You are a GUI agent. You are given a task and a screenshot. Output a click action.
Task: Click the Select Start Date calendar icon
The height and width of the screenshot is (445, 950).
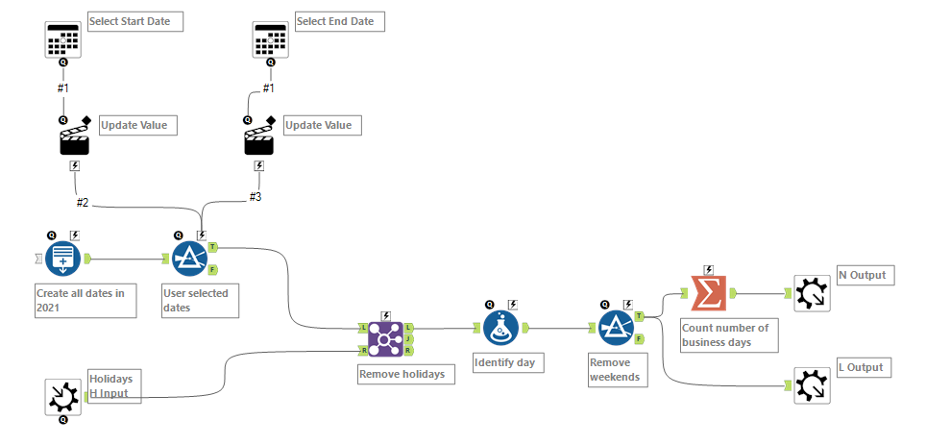pyautogui.click(x=63, y=39)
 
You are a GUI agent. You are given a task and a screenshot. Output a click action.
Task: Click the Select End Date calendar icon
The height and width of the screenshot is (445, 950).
pyautogui.click(x=269, y=39)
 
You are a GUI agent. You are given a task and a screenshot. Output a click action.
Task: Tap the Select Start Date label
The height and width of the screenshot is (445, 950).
pyautogui.click(x=135, y=21)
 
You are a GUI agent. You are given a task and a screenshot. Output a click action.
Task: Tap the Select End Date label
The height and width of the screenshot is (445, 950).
pyautogui.click(x=340, y=21)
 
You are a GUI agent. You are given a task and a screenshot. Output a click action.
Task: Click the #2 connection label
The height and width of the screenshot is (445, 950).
pyautogui.click(x=83, y=203)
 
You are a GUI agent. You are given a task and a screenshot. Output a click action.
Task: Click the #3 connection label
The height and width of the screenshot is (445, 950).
pyautogui.click(x=255, y=196)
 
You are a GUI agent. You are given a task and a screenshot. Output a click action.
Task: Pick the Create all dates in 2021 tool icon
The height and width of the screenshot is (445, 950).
pyautogui.click(x=63, y=259)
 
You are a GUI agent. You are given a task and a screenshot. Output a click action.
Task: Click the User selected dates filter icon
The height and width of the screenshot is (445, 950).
pyautogui.click(x=189, y=259)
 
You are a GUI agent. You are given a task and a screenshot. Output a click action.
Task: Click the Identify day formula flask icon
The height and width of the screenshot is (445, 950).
pyautogui.click(x=501, y=328)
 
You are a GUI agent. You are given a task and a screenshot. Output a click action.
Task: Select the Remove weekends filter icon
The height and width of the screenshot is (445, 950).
pyautogui.click(x=617, y=328)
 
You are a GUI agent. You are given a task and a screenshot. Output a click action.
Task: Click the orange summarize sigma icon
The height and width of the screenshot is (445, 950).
pyautogui.click(x=708, y=293)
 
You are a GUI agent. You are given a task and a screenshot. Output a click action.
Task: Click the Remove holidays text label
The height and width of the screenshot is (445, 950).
pyautogui.click(x=402, y=373)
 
